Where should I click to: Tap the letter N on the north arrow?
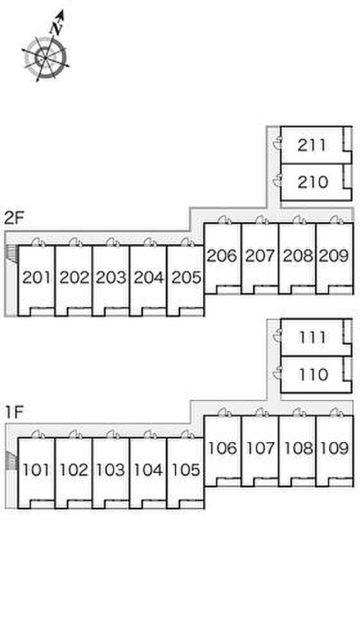56,28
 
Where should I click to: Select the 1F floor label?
15,412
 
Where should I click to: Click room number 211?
312,145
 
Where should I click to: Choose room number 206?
222,256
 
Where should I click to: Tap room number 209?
334,256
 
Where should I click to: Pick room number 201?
37,278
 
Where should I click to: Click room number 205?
186,278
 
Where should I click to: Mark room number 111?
312,337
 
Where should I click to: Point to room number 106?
222,448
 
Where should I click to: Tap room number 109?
334,448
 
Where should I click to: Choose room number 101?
37,470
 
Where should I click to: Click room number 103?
111,470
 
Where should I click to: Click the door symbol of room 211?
278,143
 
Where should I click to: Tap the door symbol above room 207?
261,220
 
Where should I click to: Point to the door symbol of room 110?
278,372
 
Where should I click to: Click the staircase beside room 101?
12,461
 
